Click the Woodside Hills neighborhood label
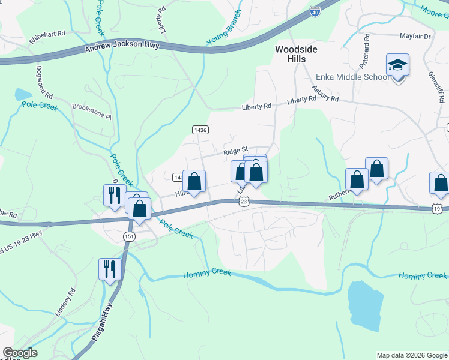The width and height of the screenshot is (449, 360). coord(291,54)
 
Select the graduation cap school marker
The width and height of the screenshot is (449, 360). coord(397,64)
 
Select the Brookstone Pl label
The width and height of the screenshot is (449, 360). coord(92,111)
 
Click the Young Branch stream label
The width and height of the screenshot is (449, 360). coord(224,28)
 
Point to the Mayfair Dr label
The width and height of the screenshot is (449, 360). coord(415,37)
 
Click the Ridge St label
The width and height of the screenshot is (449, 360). coord(236,151)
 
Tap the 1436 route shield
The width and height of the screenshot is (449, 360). coord(200,130)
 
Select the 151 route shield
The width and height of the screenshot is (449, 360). coord(129,237)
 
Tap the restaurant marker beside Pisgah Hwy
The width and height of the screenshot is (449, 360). coord(109,269)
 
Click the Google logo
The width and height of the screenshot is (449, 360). coord(19,353)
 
